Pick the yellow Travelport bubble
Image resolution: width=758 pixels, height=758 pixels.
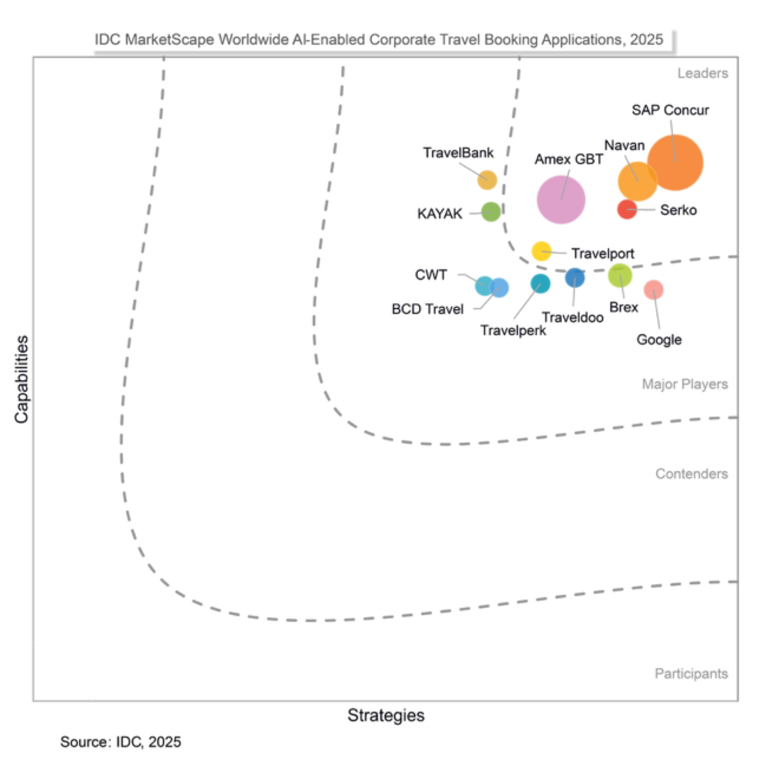click(x=542, y=251)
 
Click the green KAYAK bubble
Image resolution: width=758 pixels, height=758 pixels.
click(x=491, y=212)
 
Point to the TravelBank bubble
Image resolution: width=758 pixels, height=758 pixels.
click(x=487, y=180)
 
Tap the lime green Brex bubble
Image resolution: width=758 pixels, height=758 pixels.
click(x=620, y=275)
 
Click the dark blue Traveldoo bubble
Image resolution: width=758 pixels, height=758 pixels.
click(x=575, y=278)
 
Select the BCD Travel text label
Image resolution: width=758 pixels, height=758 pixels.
click(x=427, y=309)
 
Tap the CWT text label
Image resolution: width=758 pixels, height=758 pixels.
click(x=431, y=275)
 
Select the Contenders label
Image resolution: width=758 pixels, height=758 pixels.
click(x=691, y=474)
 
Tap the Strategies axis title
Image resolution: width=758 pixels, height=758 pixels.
click(x=386, y=715)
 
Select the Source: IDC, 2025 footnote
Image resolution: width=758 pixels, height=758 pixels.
click(x=120, y=742)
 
